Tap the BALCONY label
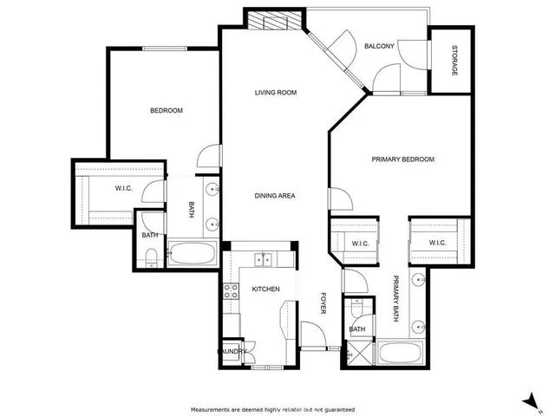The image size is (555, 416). click(379, 46)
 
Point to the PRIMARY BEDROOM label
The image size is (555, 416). click(402, 159)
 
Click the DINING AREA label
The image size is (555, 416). click(274, 196)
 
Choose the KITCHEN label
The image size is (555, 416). click(265, 289)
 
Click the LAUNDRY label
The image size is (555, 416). click(232, 351)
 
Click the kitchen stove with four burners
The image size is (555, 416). click(232, 292)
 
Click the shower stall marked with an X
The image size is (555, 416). click(356, 352)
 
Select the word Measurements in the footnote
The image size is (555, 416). click(211, 409)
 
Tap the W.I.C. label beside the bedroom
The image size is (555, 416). click(122, 188)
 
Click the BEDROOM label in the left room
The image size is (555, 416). click(166, 110)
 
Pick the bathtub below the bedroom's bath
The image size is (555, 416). click(192, 255)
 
